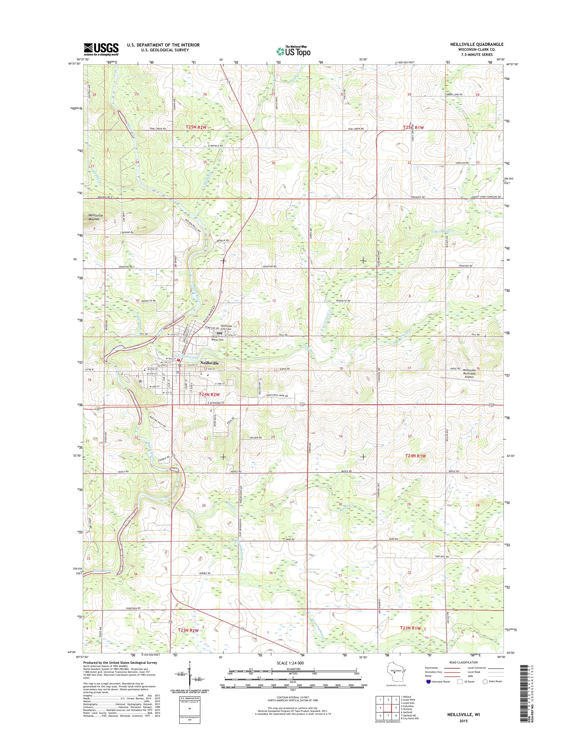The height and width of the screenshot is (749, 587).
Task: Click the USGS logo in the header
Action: coord(101,49)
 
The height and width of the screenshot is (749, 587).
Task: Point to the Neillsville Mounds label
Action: coord(95,217)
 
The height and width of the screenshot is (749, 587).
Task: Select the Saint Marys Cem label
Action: coord(217,338)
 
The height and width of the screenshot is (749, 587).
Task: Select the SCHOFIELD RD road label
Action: coord(215,146)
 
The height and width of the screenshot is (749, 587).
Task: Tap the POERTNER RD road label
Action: coord(134,608)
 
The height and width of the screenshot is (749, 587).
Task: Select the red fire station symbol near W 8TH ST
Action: coord(178,360)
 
